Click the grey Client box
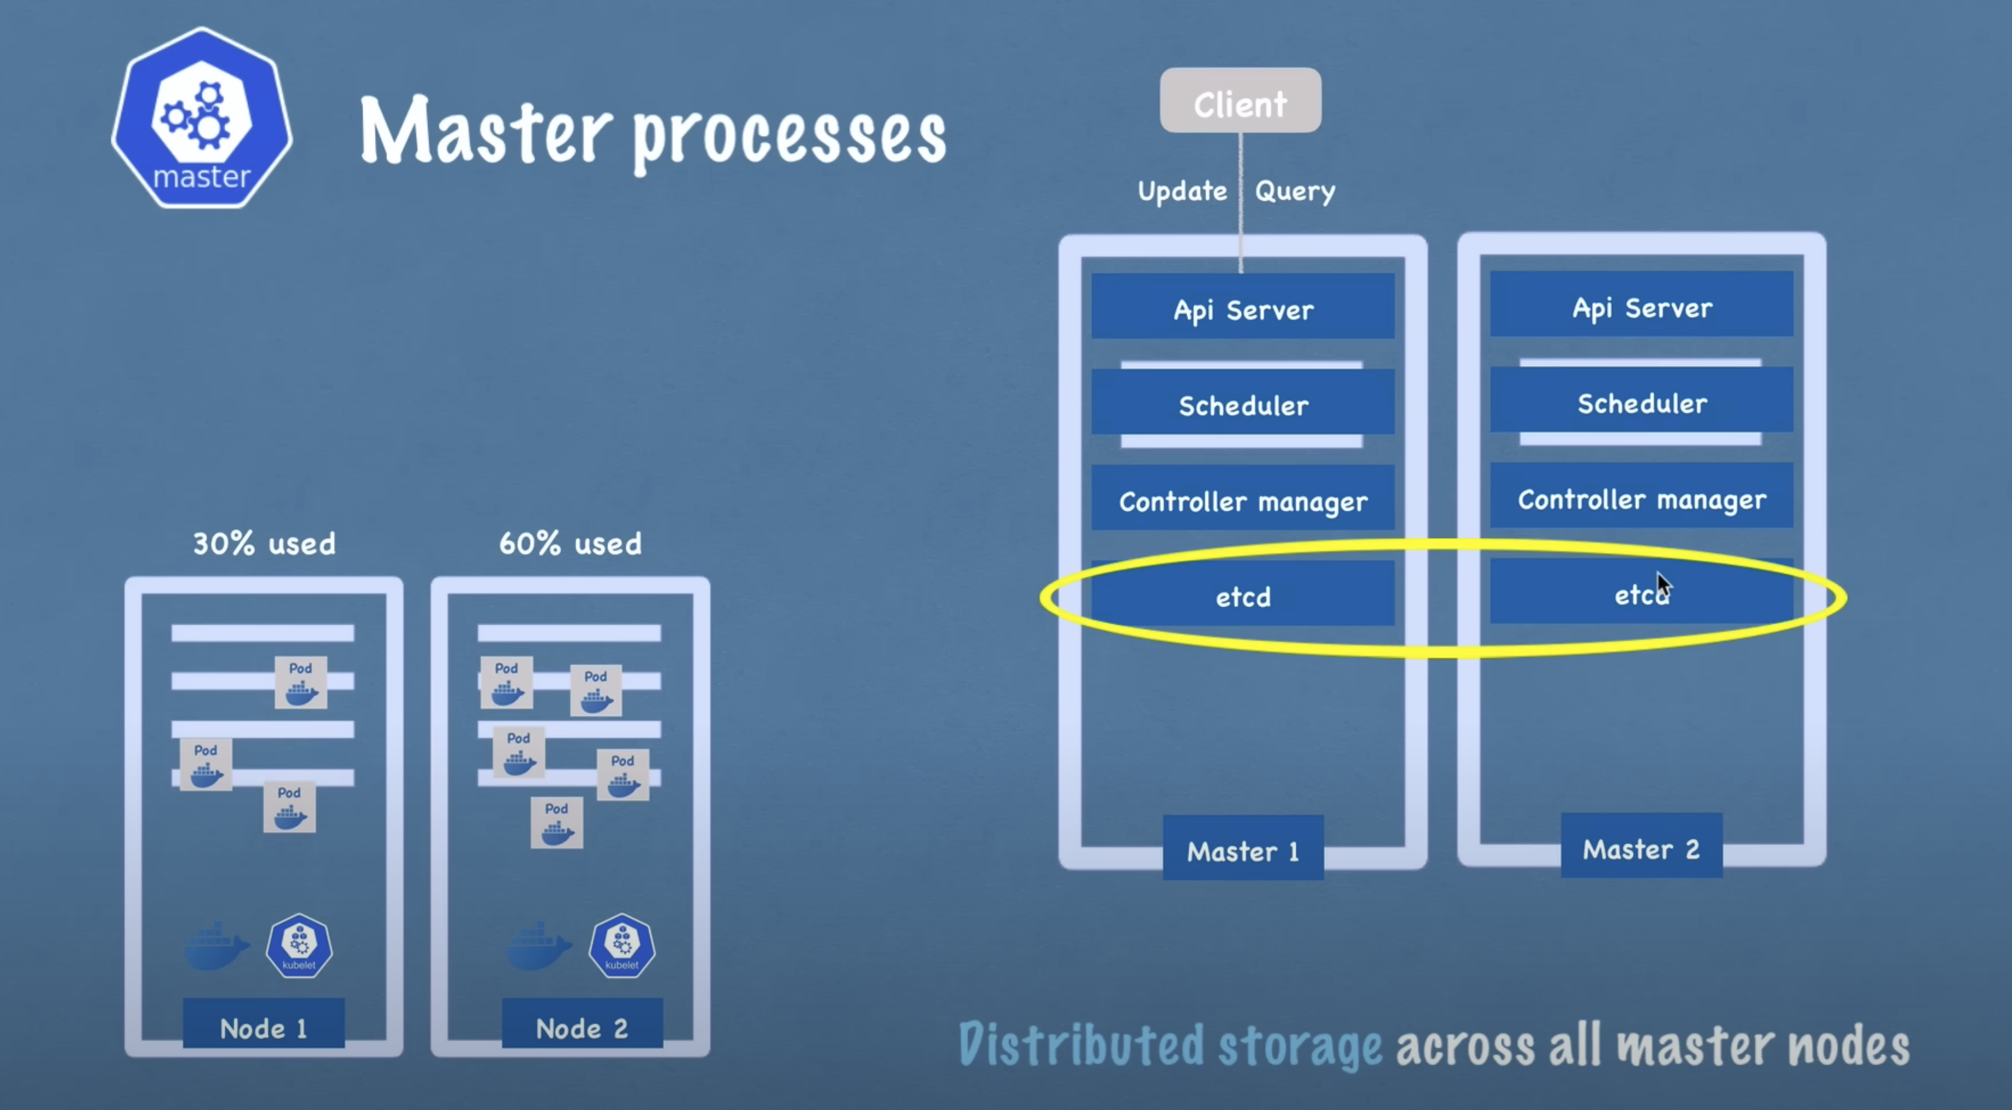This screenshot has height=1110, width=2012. pyautogui.click(x=1240, y=101)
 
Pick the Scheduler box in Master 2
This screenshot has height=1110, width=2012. pyautogui.click(x=1642, y=403)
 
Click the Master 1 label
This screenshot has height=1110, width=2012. pyautogui.click(x=1243, y=850)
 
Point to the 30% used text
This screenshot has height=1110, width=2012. pyautogui.click(x=264, y=543)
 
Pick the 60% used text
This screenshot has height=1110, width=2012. pyautogui.click(x=570, y=543)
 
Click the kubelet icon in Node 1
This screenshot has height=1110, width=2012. pyautogui.click(x=299, y=945)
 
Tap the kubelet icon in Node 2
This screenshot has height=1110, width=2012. pyautogui.click(x=622, y=945)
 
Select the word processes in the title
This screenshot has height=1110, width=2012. pyautogui.click(x=789, y=137)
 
